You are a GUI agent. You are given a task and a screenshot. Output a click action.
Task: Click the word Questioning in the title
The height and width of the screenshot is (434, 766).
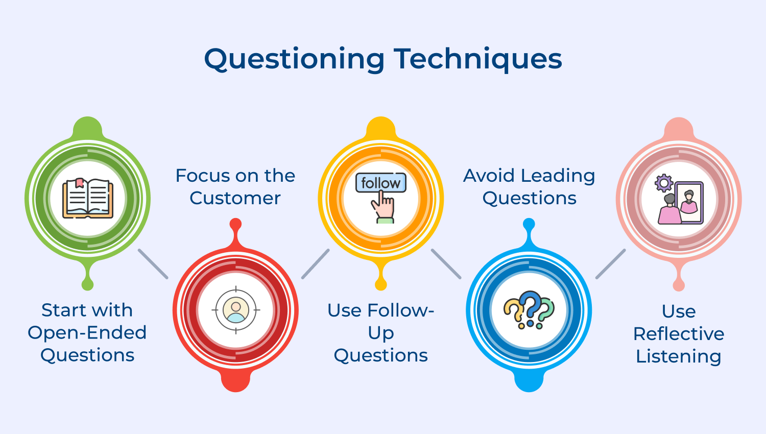pyautogui.click(x=294, y=59)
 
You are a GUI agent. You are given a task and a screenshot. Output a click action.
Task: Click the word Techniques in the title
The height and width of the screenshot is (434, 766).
pyautogui.click(x=477, y=59)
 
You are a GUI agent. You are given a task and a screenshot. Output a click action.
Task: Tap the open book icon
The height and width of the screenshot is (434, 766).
pyautogui.click(x=88, y=198)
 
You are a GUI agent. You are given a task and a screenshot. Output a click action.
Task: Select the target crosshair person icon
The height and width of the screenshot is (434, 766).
pyautogui.click(x=236, y=309)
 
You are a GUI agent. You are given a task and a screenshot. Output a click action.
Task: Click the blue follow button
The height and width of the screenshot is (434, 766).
pyautogui.click(x=381, y=183)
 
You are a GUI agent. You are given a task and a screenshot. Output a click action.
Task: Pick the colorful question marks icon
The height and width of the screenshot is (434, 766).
pyautogui.click(x=529, y=309)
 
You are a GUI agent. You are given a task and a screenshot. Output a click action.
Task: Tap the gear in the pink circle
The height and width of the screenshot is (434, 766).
pyautogui.click(x=664, y=183)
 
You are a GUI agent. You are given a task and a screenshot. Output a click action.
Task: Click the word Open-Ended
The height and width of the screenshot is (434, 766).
pyautogui.click(x=87, y=333)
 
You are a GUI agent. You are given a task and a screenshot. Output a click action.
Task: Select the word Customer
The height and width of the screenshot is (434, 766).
pyautogui.click(x=235, y=198)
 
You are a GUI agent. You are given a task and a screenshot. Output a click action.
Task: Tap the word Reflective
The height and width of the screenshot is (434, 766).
pyautogui.click(x=679, y=334)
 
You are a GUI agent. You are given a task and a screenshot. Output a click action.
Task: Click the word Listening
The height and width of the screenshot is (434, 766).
pyautogui.click(x=679, y=356)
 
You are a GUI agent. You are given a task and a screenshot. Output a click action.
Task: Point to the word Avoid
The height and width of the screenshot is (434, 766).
pyautogui.click(x=489, y=176)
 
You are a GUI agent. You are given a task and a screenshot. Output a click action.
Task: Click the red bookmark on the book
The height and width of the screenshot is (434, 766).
pyautogui.click(x=79, y=183)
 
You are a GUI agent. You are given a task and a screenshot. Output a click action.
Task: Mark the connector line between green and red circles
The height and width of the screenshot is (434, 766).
pyautogui.click(x=153, y=264)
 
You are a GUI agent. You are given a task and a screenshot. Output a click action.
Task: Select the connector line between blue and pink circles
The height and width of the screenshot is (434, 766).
pyautogui.click(x=611, y=264)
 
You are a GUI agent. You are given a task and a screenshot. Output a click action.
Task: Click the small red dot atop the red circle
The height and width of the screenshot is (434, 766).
pyautogui.click(x=235, y=224)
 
